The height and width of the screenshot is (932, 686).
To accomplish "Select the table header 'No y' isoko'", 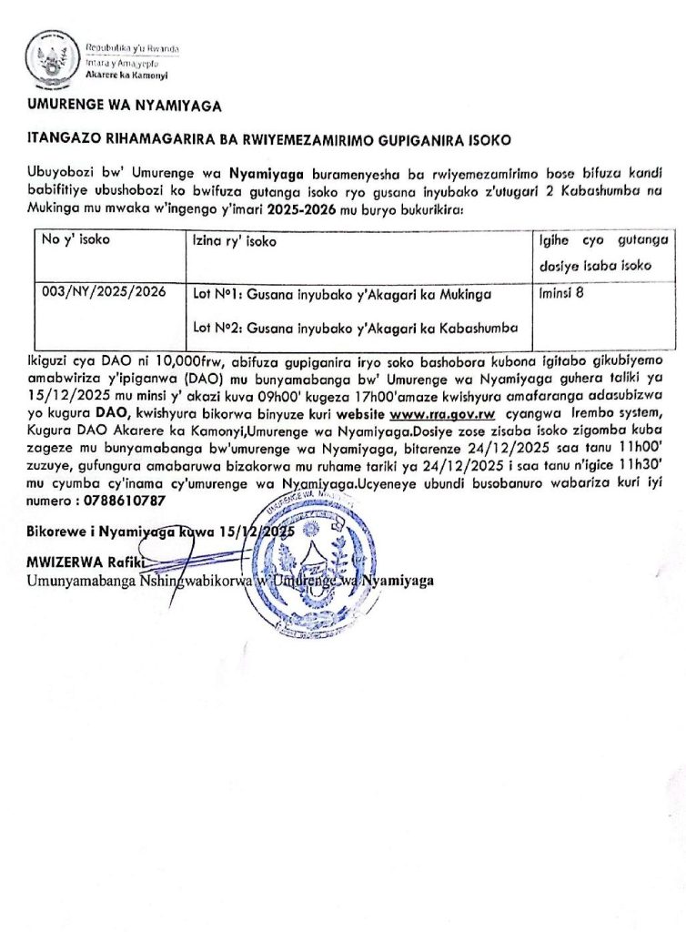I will tap(74, 241).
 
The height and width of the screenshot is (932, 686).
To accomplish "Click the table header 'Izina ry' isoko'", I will tap(235, 242).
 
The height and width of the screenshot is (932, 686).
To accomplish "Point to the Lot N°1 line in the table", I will tap(342, 296).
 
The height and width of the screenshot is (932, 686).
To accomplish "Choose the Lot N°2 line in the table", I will tap(356, 327).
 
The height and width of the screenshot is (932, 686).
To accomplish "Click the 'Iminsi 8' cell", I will tap(562, 293).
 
